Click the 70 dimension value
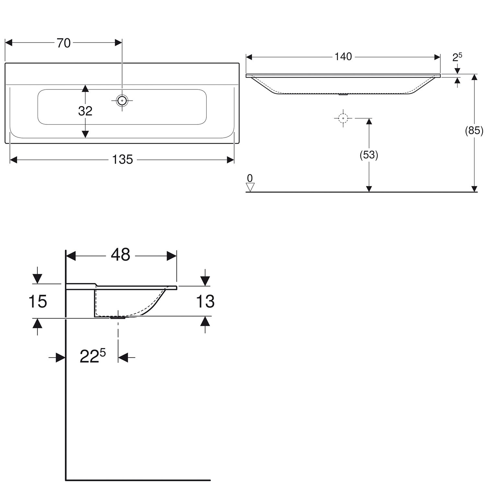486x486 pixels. point(64,43)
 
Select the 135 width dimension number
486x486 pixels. point(122,159)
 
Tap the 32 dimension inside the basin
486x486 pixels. point(85,111)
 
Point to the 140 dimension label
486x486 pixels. point(343,57)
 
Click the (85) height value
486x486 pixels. point(474,131)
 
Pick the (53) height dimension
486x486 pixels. point(369,155)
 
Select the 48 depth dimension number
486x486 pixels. point(121,255)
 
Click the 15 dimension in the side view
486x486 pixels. point(38,301)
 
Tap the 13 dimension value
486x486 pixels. point(205,301)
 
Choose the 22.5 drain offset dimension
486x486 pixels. point(93,357)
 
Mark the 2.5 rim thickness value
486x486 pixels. point(457,57)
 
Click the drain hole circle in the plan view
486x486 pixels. point(122,101)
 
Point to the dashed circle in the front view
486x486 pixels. point(343,118)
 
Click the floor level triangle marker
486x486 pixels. point(250,187)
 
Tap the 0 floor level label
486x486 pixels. point(250,178)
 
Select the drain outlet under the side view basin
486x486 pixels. point(118,318)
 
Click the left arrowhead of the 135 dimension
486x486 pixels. point(13,160)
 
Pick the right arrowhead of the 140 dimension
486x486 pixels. point(437,57)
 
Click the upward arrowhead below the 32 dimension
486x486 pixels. point(85,89)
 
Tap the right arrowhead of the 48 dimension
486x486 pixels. point(172,256)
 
